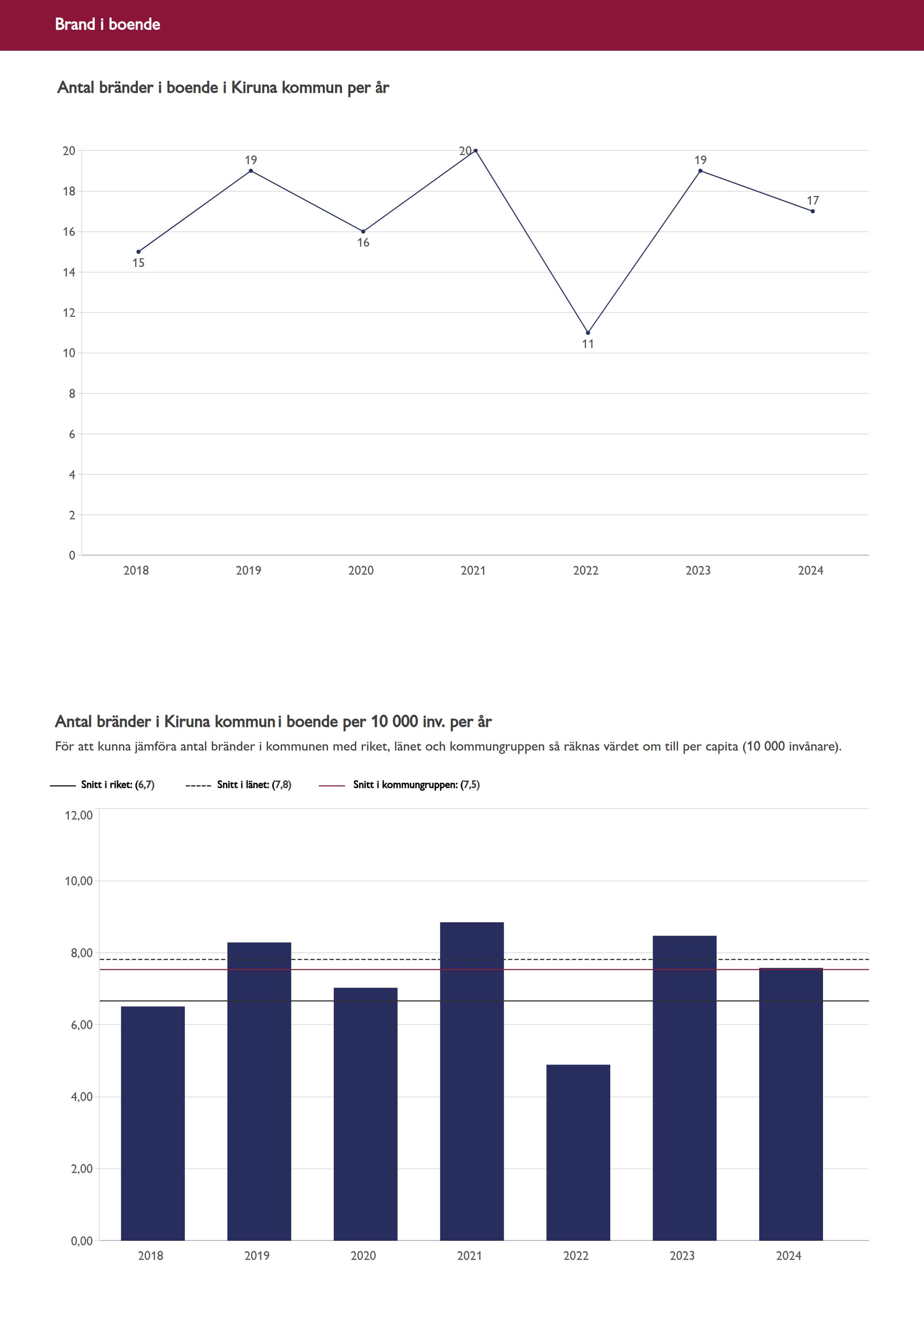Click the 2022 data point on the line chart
[588, 332]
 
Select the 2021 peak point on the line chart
[476, 151]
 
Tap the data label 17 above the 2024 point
[813, 200]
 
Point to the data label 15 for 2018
[138, 263]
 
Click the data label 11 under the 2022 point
[588, 344]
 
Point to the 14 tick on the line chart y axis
[69, 272]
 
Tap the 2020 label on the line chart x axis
[361, 570]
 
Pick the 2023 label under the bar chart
[682, 1255]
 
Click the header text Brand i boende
[108, 24]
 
